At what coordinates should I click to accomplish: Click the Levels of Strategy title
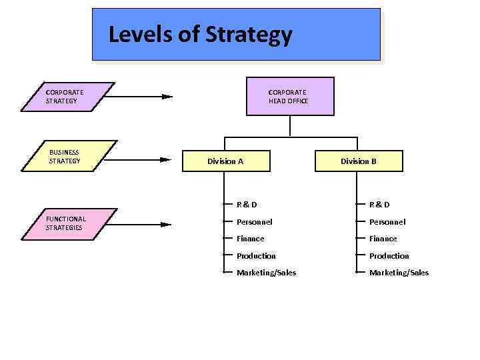[x=200, y=34]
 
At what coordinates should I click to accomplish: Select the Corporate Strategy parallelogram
[x=67, y=97]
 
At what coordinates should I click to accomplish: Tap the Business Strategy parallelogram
[x=69, y=156]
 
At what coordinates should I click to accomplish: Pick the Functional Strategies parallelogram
[x=67, y=223]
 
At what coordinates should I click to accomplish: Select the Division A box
[x=225, y=161]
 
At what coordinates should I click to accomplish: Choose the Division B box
[x=359, y=161]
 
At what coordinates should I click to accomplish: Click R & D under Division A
[x=247, y=205]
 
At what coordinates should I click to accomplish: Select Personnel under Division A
[x=254, y=222]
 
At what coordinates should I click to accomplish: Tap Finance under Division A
[x=250, y=239]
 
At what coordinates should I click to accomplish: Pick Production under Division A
[x=256, y=256]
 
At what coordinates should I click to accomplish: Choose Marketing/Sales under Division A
[x=266, y=273]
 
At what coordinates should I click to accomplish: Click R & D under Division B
[x=379, y=205]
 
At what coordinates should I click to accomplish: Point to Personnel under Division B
[x=387, y=222]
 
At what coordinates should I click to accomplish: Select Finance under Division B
[x=383, y=239]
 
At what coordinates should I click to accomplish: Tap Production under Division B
[x=389, y=256]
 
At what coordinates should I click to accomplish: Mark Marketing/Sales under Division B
[x=399, y=273]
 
